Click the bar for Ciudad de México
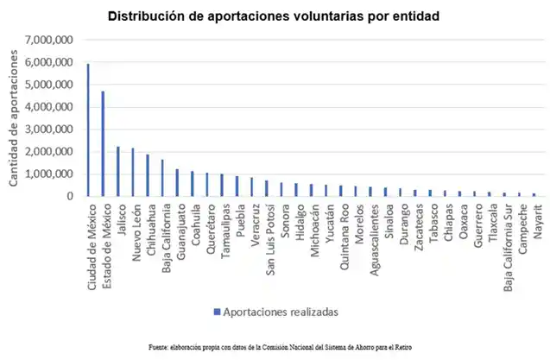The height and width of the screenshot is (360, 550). coord(88,129)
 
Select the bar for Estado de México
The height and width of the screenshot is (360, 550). coord(103,143)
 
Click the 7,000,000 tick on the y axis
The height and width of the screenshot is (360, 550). coord(49,40)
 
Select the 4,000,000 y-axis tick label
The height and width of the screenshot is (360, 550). coord(49,107)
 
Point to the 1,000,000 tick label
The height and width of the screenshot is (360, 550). coord(49,174)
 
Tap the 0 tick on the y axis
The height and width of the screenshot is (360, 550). coord(70,196)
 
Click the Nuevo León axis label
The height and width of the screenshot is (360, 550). coord(133,227)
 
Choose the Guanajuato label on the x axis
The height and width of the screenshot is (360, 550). coord(178,229)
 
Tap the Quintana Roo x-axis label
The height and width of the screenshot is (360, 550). coord(343,232)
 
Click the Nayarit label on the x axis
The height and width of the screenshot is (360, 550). coord(536,221)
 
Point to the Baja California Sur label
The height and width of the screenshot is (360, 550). coord(507,241)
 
